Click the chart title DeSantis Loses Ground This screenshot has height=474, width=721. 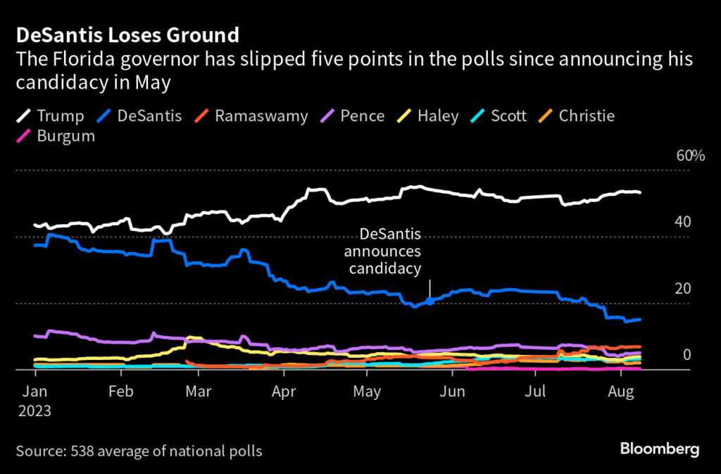(127, 35)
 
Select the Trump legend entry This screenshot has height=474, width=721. (51, 116)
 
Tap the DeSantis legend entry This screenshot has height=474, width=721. (139, 116)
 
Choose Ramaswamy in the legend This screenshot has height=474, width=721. (251, 116)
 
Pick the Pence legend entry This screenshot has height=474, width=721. (352, 116)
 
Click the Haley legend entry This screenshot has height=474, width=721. (427, 116)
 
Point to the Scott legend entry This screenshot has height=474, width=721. (499, 116)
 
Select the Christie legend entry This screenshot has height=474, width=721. (577, 116)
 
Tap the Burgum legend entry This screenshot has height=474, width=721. (56, 136)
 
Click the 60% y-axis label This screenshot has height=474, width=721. (690, 156)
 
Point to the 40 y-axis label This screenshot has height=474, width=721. (682, 222)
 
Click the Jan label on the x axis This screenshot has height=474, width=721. (35, 392)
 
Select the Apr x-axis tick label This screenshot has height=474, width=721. (284, 392)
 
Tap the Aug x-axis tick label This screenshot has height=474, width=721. (621, 392)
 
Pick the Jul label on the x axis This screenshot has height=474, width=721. (536, 392)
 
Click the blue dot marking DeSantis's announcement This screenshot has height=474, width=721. (430, 301)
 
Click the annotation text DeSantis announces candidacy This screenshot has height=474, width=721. (385, 251)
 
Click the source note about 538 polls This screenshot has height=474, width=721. (139, 451)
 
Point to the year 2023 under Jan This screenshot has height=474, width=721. (35, 411)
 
